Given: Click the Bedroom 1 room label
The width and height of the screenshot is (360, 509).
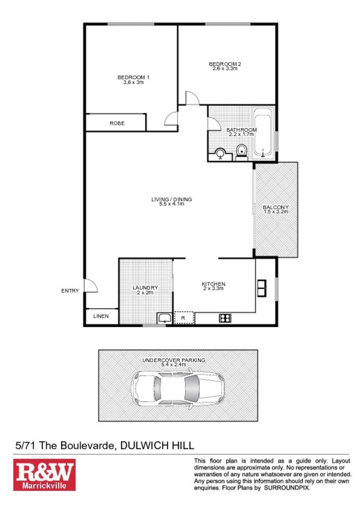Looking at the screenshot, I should click(133, 77).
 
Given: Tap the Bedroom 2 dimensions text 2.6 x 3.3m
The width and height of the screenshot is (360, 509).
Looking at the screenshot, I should click(225, 69).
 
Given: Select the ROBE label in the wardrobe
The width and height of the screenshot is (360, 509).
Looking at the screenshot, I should click(117, 123).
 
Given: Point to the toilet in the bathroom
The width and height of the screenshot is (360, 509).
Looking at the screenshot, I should click(242, 151).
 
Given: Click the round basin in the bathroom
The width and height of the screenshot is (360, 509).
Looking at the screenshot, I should click(220, 154).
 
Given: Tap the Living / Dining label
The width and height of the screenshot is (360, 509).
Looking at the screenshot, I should click(171, 200).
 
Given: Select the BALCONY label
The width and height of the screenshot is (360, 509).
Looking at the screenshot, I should click(275, 207).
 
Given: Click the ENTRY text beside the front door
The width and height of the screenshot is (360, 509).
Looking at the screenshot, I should click(70, 291).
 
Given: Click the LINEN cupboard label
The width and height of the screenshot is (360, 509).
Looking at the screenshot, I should click(101, 316).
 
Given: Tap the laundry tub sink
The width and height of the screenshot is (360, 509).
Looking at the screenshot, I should click(164, 317).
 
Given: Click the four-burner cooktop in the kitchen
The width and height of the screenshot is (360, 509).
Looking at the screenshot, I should click(225, 317).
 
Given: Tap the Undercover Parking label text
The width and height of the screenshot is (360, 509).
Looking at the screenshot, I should click(173, 360).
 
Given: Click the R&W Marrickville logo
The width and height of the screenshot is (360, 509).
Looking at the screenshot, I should click(44, 474).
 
